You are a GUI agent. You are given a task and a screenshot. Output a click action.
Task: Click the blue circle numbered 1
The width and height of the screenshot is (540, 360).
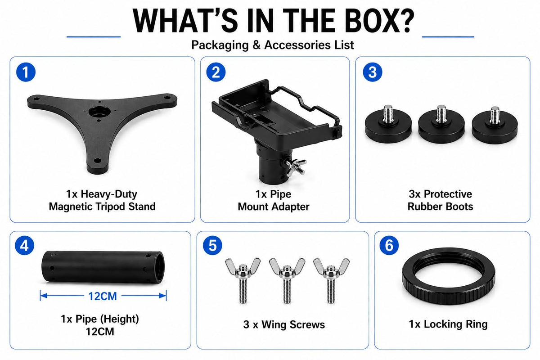[26, 72]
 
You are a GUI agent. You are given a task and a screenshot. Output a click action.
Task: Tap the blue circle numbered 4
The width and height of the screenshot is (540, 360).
[24, 245]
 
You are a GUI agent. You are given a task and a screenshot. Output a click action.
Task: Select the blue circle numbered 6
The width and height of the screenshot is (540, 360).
[389, 245]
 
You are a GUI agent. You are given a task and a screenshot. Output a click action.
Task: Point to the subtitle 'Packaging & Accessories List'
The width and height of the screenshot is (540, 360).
[273, 45]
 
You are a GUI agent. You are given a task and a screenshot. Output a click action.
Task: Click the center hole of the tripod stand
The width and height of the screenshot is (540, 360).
[99, 111]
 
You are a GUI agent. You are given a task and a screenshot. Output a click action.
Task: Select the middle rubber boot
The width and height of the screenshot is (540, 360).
[441, 125]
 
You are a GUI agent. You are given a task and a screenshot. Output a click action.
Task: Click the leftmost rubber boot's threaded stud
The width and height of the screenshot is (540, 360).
[388, 113]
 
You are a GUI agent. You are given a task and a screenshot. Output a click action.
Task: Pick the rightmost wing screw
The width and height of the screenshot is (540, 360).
[331, 280]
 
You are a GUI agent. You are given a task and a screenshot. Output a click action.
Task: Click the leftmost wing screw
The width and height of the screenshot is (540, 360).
[243, 280]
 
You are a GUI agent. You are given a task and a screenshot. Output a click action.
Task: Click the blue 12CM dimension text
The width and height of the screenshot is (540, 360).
[103, 296]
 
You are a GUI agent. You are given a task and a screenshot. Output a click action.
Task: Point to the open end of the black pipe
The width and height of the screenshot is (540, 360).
[158, 267]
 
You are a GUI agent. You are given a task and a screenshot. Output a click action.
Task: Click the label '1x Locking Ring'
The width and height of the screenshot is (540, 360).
[448, 324]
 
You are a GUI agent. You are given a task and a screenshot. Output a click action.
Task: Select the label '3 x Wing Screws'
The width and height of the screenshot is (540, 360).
[284, 324]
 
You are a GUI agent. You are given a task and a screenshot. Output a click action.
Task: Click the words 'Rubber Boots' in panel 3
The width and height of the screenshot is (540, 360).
[440, 207]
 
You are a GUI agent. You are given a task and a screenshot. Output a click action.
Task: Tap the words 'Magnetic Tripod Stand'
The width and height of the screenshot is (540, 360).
[102, 207]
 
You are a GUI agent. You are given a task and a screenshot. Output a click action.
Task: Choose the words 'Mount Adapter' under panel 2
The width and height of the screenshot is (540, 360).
[274, 207]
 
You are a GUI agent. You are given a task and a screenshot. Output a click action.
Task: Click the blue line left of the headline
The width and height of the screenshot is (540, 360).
[94, 36]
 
